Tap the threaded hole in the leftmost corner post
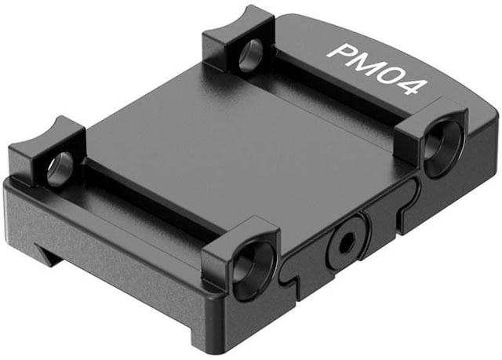click(60, 169)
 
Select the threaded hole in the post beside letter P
click(251, 55)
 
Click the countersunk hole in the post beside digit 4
click(444, 147)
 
